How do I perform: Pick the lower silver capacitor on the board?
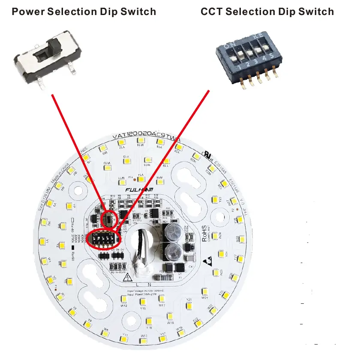tap(173, 251)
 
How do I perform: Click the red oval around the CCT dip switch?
tap(105, 239)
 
